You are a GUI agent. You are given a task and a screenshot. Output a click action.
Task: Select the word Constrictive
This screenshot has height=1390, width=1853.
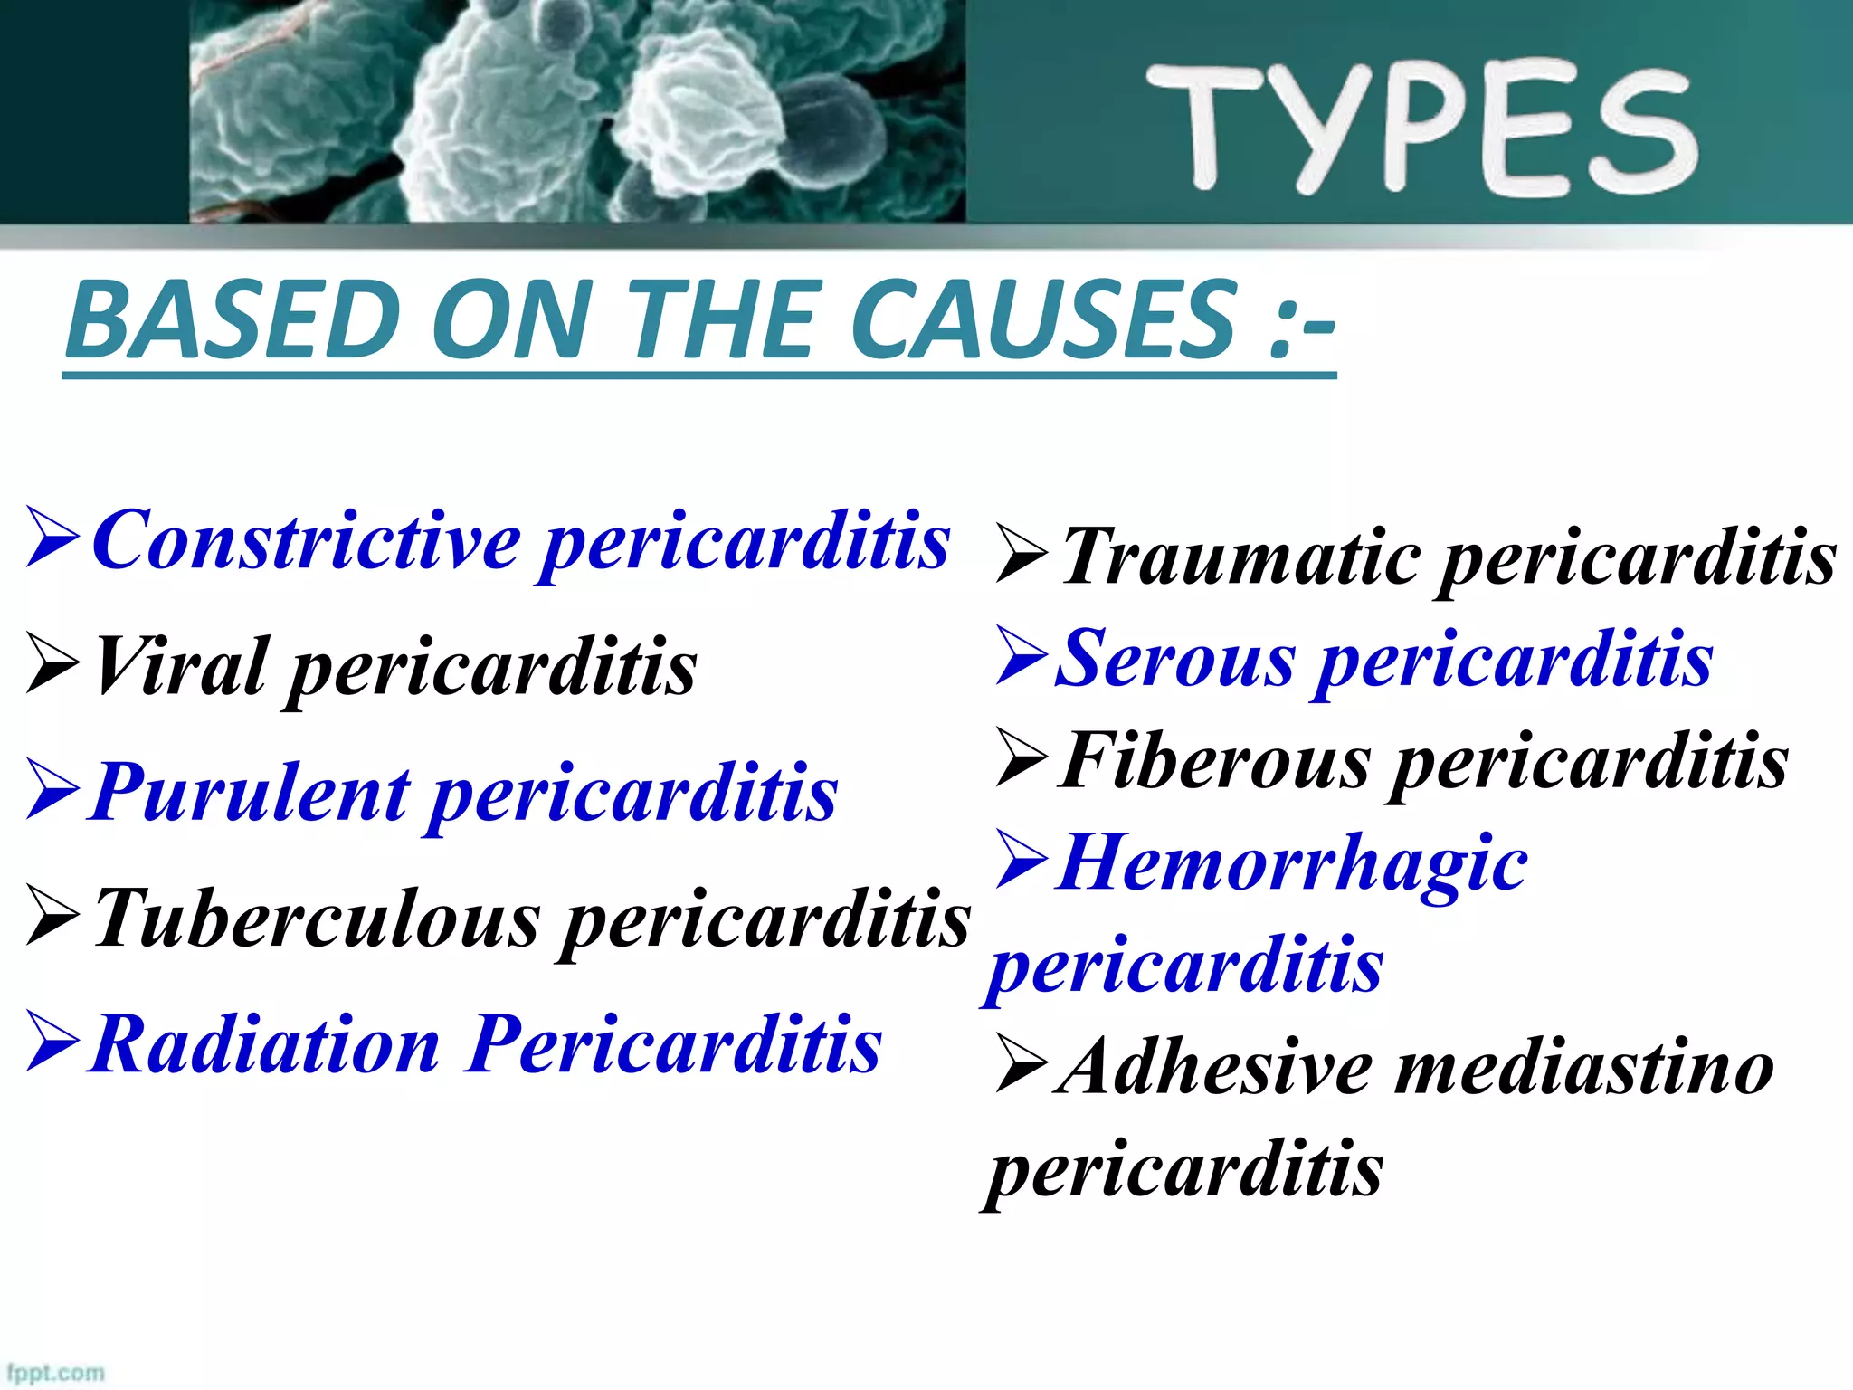point(308,540)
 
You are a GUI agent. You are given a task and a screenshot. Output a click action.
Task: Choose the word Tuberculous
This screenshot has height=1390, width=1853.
point(317,918)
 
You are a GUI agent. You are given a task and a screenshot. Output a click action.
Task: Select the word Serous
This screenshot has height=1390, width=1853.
point(1177,658)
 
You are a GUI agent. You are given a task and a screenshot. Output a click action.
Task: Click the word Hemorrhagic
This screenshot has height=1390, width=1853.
point(1294,863)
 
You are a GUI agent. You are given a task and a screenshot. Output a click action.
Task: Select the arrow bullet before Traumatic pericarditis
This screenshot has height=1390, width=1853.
point(1022,553)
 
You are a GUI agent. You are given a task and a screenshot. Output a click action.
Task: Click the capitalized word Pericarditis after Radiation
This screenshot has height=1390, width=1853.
point(674,1044)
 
